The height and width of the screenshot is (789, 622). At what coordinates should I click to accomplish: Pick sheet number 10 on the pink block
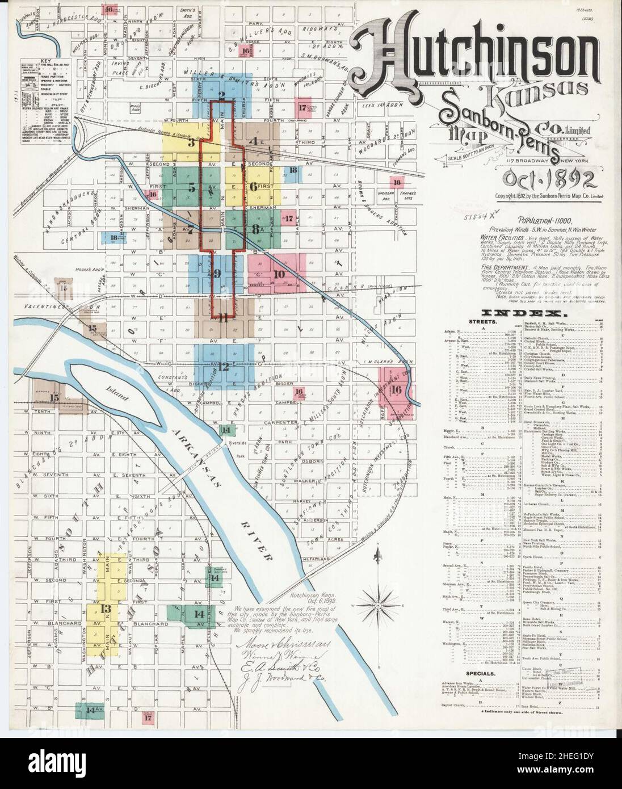coord(278,274)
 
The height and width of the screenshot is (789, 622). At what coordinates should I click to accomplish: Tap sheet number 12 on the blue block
coord(222,367)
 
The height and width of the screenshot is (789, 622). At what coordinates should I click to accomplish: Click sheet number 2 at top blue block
coord(222,95)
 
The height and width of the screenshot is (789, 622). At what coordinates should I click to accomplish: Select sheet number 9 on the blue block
coord(217,274)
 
